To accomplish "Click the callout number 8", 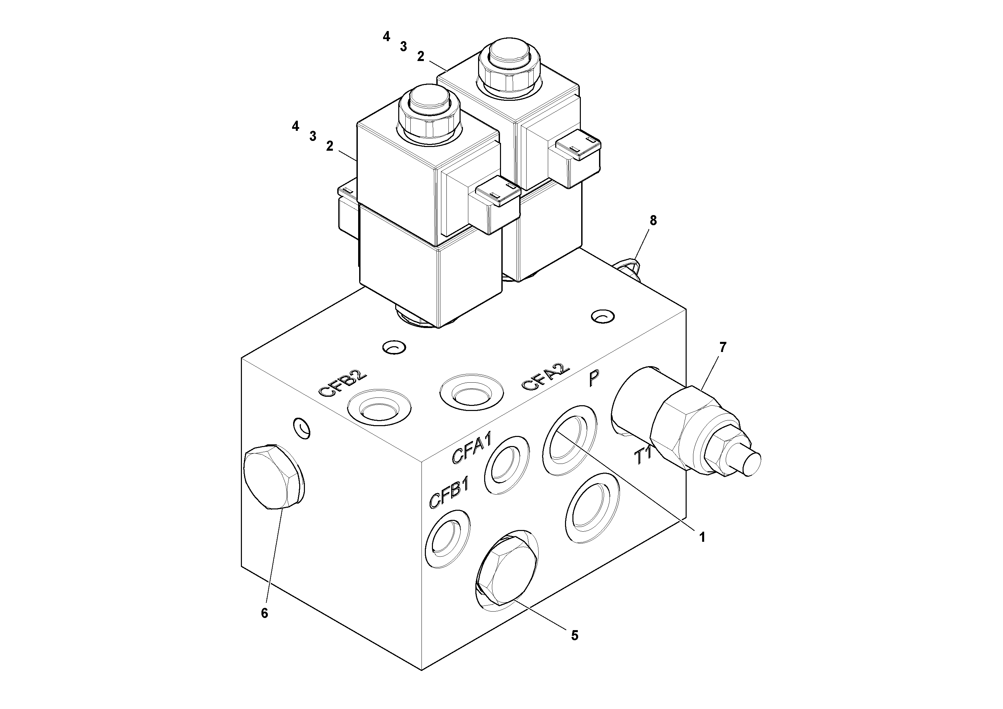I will [x=653, y=221].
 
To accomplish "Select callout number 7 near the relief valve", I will [x=723, y=348].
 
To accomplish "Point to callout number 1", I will [x=702, y=537].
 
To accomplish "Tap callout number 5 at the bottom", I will [x=575, y=636].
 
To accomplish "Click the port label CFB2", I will [x=343, y=384].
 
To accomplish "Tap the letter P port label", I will [x=594, y=378].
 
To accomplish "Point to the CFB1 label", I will [x=449, y=493].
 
